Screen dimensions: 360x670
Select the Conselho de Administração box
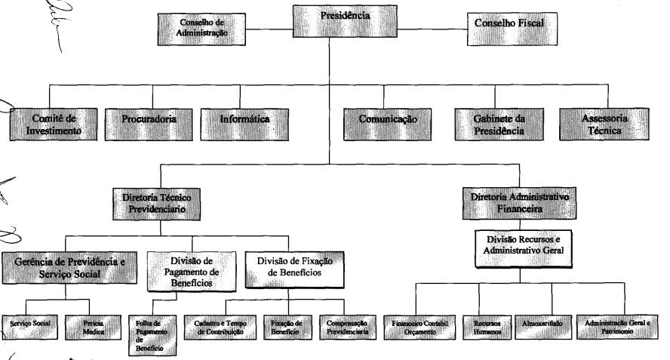pyautogui.click(x=202, y=29)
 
